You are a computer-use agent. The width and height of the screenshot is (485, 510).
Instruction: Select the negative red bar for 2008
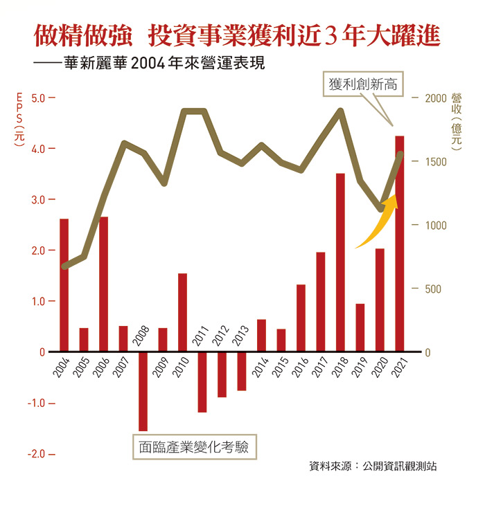[x=143, y=391]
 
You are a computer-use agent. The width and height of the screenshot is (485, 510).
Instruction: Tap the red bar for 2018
[x=340, y=262]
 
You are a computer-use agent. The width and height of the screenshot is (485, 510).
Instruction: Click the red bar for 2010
[x=182, y=312]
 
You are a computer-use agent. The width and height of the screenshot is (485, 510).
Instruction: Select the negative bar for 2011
[x=202, y=381]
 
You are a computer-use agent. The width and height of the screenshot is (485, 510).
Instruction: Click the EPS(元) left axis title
[x=19, y=118]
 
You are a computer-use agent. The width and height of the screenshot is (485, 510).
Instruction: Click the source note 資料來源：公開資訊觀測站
[x=372, y=466]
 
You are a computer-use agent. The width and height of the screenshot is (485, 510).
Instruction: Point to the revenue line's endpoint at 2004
[x=64, y=266]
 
